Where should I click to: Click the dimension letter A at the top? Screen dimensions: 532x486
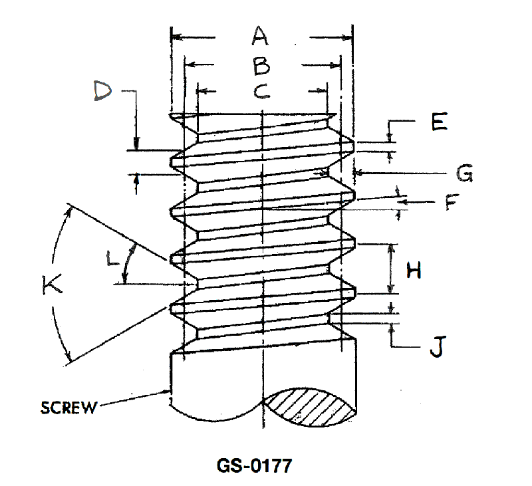(260, 36)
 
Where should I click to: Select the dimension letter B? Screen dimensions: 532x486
(261, 66)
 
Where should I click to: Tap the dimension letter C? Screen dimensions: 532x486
(262, 91)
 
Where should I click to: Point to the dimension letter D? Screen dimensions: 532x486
(103, 90)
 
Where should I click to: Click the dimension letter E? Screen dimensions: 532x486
(440, 122)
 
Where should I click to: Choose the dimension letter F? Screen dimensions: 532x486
(452, 201)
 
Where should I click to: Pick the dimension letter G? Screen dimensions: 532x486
(464, 173)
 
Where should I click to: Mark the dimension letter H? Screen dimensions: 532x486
(414, 271)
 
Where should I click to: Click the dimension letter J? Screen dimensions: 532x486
(438, 346)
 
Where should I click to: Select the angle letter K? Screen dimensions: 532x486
(52, 284)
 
